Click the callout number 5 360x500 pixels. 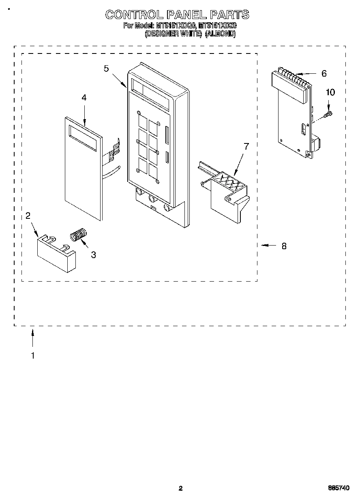106,68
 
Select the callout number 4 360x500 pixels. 84,98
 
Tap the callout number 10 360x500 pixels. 330,92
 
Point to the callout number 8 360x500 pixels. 284,246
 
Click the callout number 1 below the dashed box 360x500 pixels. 32,356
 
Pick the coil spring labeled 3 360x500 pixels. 79,235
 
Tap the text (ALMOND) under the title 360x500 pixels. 220,34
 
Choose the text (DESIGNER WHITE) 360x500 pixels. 173,34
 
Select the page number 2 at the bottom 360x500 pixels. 180,488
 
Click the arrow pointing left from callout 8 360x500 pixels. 268,245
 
